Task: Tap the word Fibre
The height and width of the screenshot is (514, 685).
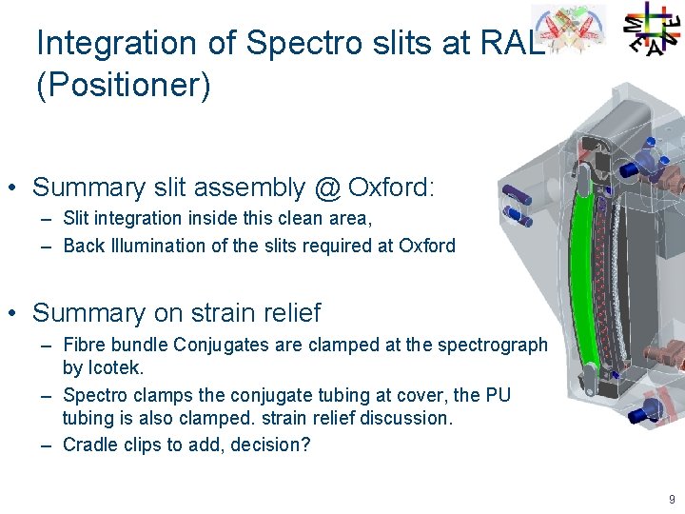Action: pyautogui.click(x=83, y=345)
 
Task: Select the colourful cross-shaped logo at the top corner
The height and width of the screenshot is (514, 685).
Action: pyautogui.click(x=652, y=29)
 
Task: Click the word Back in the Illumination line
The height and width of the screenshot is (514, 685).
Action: pyautogui.click(x=83, y=246)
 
